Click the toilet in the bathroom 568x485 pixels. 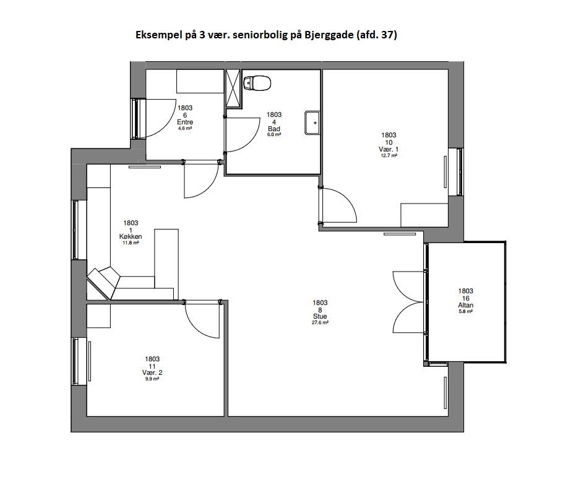coord(257,84)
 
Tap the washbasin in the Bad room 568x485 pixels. coord(312,122)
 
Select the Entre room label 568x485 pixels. coord(185,122)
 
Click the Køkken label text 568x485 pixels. coord(131,236)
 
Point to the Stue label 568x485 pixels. coord(320,316)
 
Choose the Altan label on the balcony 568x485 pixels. coord(465,305)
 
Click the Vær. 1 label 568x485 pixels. coord(389,149)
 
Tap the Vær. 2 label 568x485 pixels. coord(152,372)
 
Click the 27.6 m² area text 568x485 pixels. coord(320,322)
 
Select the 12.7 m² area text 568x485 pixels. coord(389,155)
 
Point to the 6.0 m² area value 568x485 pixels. coord(274,134)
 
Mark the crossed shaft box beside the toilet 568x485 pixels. coord(233,88)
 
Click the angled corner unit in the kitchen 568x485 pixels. coord(103,283)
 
